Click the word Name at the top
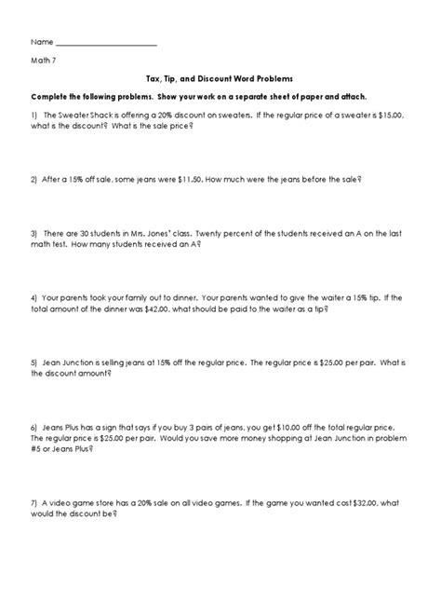click(x=42, y=43)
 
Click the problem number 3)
click(x=34, y=235)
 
